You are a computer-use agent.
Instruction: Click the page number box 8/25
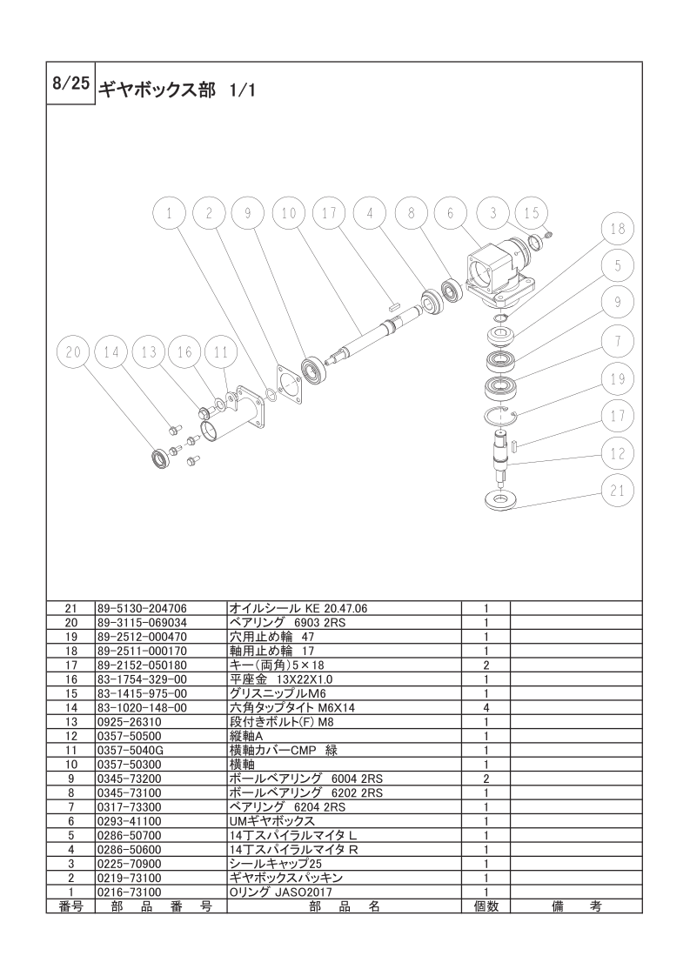[71, 84]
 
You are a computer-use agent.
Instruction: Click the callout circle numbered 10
[288, 213]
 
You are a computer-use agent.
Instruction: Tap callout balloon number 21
[617, 491]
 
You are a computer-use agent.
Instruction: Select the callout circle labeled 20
[73, 352]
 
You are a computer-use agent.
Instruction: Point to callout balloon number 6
[450, 213]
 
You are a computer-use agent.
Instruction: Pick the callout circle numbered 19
[617, 378]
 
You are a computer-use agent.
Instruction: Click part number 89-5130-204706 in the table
[142, 609]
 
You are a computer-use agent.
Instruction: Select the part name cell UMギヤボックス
[272, 822]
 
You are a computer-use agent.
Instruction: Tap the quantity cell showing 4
[486, 708]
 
